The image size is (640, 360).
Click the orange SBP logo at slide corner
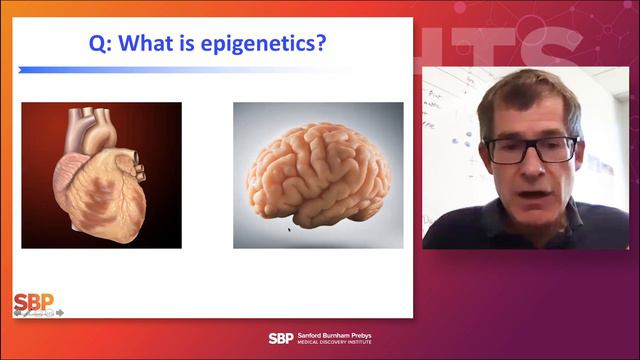click(x=33, y=302)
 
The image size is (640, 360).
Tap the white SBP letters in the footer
click(x=281, y=338)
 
